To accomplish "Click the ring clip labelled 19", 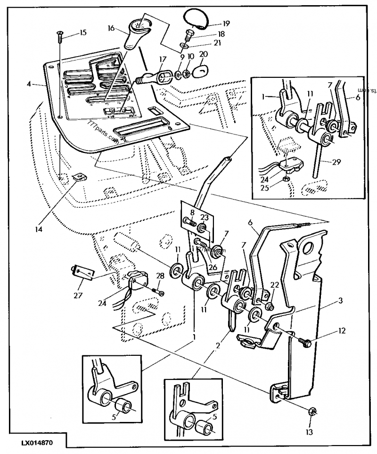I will [197, 18].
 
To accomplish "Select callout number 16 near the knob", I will [112, 28].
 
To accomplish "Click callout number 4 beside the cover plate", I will [29, 84].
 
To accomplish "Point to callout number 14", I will [38, 230].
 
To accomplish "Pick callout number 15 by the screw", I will [83, 33].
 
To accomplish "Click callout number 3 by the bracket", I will [340, 301].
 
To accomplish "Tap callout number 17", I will [163, 59].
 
